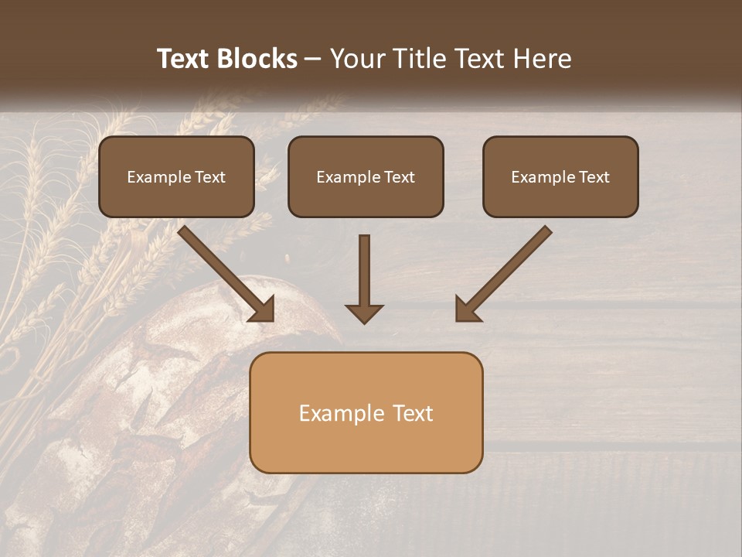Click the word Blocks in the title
(x=256, y=59)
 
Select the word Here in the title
(x=541, y=59)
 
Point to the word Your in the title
(x=358, y=59)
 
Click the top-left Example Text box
(x=176, y=177)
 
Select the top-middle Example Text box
(x=366, y=177)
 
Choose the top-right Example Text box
(x=560, y=177)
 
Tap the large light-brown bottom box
(x=366, y=412)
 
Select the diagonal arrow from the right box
(x=504, y=272)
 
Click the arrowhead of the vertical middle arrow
(x=364, y=313)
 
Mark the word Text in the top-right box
(x=593, y=177)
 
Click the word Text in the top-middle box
(x=399, y=177)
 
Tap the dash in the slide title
(x=314, y=60)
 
